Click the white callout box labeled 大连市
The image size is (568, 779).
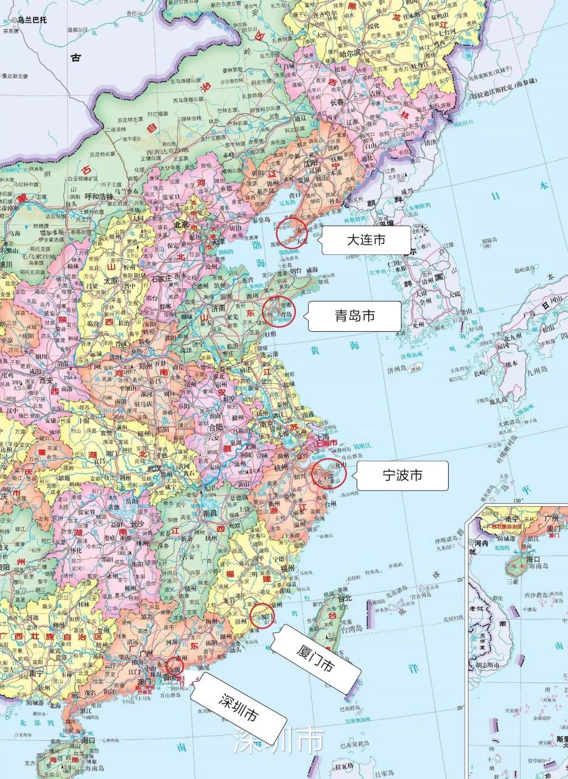366,240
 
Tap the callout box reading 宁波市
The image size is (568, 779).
402,475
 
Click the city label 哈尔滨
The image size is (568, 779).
350,53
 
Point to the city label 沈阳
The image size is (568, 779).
312,163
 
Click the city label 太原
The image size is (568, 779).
111,281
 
